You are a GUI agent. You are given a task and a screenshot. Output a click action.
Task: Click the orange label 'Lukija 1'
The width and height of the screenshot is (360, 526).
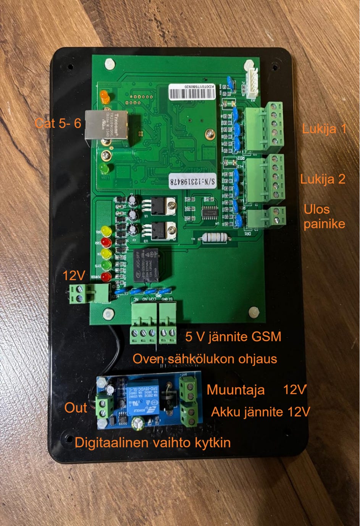coord(324,129)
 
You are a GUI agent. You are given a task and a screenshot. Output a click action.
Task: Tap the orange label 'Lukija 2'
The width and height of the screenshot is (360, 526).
coord(323,179)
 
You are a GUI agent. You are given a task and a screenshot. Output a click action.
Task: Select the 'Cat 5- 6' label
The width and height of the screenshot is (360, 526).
coord(58,123)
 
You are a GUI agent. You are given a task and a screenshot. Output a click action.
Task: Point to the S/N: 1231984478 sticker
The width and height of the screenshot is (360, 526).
coord(192,181)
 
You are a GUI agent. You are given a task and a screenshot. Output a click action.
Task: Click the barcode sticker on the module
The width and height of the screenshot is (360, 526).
coord(192,92)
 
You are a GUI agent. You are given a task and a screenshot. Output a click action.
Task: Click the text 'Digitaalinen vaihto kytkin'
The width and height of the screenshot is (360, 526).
coord(153,443)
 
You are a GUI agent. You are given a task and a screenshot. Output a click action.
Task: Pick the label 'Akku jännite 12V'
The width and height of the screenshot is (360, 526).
coord(260,412)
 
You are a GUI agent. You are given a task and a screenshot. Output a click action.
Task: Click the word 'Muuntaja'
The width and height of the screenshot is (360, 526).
coord(236,390)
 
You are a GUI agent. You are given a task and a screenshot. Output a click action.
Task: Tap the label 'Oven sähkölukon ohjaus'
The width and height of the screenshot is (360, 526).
coord(205,359)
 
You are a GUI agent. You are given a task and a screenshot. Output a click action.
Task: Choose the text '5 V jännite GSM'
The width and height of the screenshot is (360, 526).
coord(233,337)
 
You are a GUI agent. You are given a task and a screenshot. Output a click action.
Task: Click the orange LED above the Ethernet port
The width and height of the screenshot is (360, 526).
coord(104,96)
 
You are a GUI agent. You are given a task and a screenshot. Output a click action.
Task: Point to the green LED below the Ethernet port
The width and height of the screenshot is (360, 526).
coord(104,168)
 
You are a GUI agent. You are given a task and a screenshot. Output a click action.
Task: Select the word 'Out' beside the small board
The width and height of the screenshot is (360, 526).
coord(76,408)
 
